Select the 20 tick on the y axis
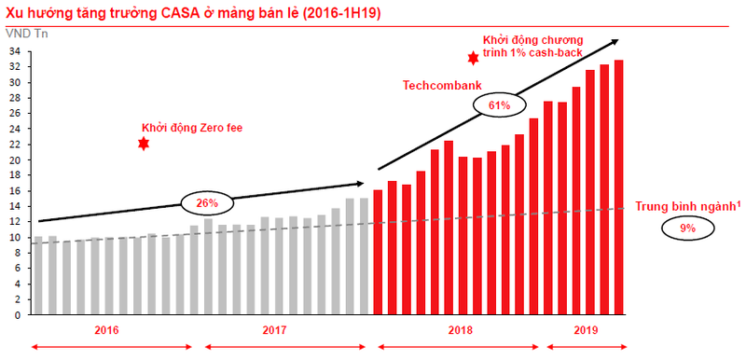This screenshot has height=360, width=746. point(18,159)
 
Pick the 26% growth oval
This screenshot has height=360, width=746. point(206,202)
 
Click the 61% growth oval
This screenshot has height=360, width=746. point(498,105)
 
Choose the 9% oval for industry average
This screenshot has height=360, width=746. point(687,228)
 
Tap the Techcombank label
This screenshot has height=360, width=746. point(441,85)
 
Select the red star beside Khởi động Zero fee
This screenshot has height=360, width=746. point(143,144)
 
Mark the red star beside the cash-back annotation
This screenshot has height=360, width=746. point(473,58)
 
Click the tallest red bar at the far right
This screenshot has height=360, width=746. point(618,187)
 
